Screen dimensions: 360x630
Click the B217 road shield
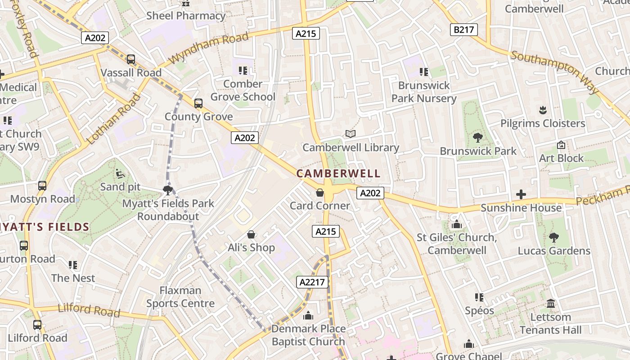[x=463, y=30]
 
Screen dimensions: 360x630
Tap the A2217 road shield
[x=312, y=282]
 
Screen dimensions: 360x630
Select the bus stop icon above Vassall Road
[x=131, y=59]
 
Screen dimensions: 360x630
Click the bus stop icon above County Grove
[x=198, y=103]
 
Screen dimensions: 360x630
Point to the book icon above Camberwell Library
[x=351, y=134]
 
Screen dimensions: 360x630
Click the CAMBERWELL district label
[x=338, y=173]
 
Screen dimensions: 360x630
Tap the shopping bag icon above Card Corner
[x=320, y=193]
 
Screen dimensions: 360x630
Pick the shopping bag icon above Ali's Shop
[x=251, y=234]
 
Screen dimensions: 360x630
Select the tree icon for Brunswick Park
[x=478, y=138]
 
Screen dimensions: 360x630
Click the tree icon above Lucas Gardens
[x=554, y=237]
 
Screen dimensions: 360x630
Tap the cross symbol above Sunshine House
[x=521, y=194]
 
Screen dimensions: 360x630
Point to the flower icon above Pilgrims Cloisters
[x=543, y=110]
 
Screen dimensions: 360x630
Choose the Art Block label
[x=561, y=158]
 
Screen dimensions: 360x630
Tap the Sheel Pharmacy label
[x=186, y=16]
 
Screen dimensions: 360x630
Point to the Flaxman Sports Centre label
[x=180, y=297]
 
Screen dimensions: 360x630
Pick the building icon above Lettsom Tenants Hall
[x=550, y=304]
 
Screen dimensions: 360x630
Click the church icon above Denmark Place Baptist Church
[x=308, y=316]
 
